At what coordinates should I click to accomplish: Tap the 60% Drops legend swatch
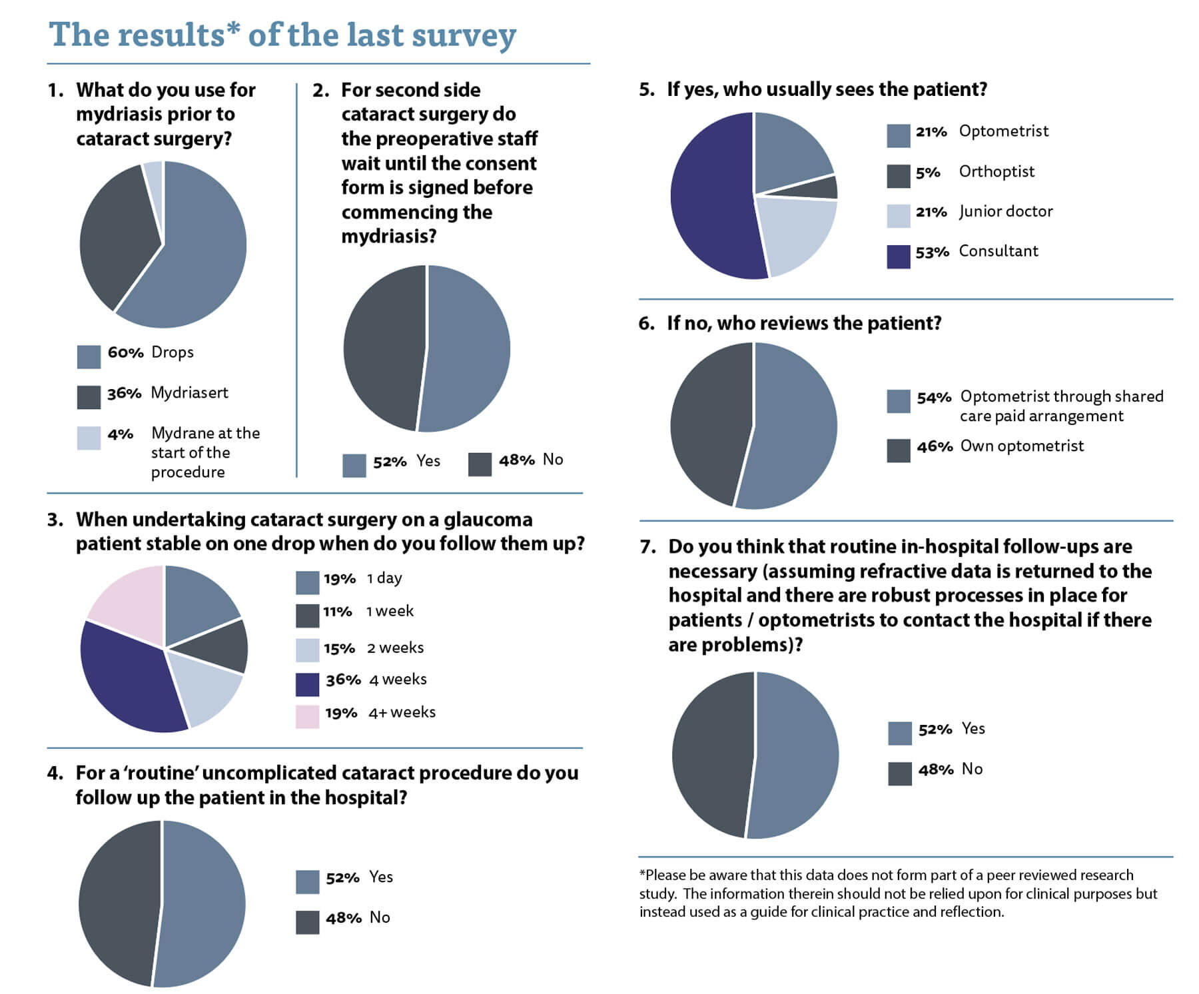(89, 356)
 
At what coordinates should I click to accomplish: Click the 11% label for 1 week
(337, 612)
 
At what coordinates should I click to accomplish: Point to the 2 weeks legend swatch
(307, 650)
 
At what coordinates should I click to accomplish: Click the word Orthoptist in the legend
(997, 171)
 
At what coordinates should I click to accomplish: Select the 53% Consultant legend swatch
(898, 256)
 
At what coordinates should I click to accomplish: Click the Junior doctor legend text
(1006, 211)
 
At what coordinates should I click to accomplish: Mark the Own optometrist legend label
(1022, 446)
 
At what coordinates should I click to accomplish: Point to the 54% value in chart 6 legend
(934, 398)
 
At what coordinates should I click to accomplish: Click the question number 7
(647, 547)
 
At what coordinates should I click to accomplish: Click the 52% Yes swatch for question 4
(307, 881)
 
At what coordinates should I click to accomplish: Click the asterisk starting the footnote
(642, 873)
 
